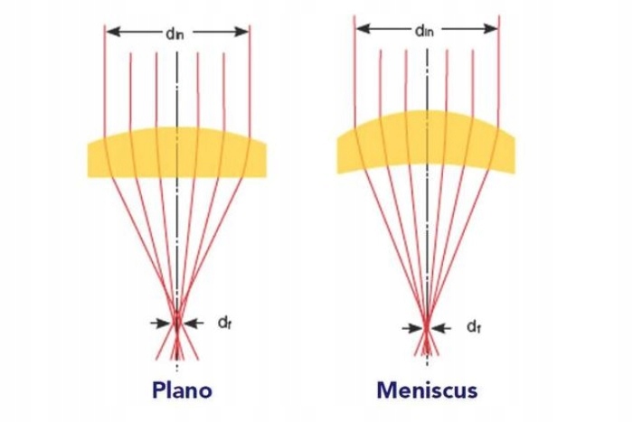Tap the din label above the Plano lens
(x=178, y=31)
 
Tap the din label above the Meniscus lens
(x=426, y=29)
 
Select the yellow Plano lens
(x=178, y=154)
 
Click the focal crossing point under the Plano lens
(x=177, y=320)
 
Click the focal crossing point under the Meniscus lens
(x=426, y=323)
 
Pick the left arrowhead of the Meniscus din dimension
(x=360, y=29)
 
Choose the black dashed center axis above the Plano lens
(x=178, y=90)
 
